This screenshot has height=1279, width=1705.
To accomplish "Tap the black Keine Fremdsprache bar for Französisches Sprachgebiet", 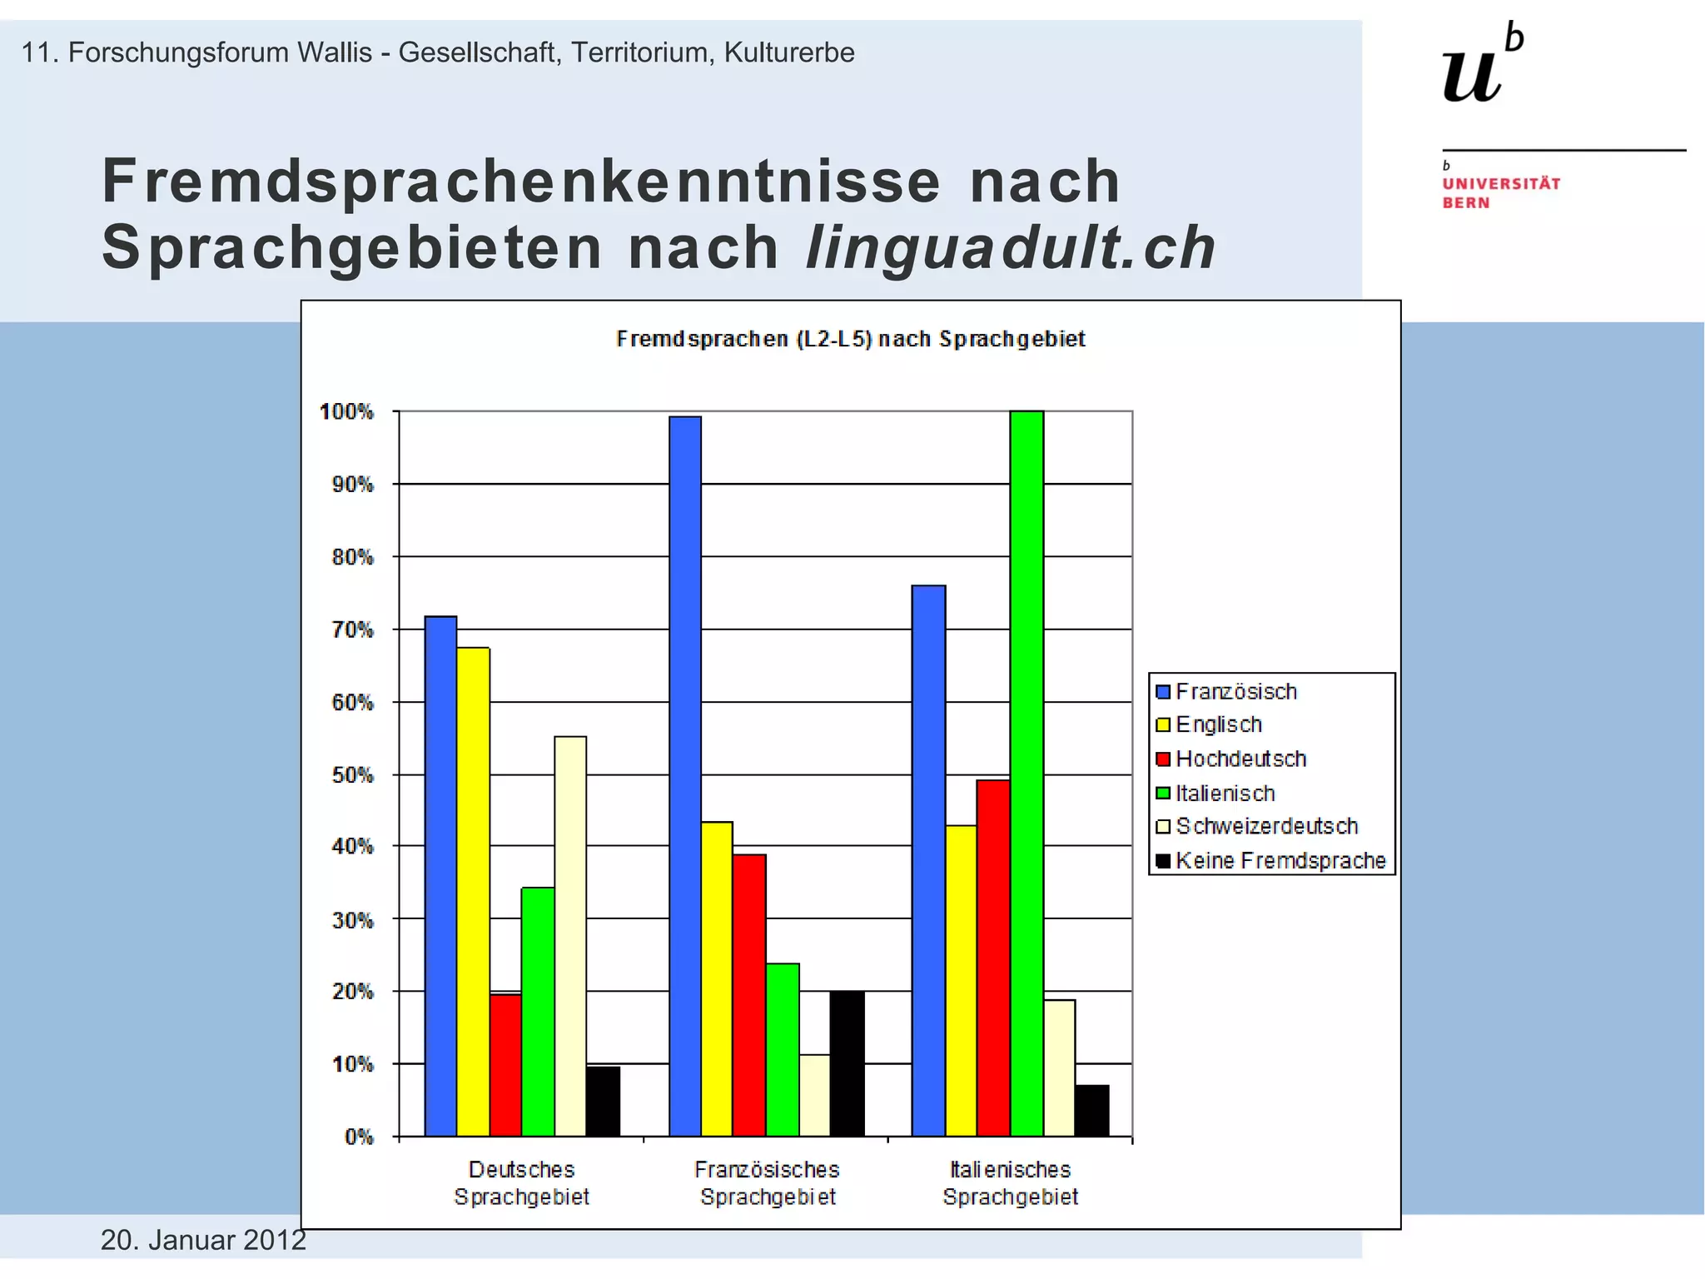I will coord(848,1063).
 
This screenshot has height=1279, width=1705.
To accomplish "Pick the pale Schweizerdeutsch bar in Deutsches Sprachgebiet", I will coord(570,936).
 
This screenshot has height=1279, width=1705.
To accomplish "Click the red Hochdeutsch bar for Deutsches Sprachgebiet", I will coord(505,1065).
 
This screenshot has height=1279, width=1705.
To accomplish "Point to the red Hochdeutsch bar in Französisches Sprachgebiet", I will coord(749,995).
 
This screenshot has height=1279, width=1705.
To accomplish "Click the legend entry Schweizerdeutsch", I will coord(1265,826).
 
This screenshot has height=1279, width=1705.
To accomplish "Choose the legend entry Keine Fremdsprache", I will coord(1280,860).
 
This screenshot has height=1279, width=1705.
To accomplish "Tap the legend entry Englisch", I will coord(1218,724).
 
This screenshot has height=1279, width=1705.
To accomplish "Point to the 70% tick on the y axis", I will coord(353,630).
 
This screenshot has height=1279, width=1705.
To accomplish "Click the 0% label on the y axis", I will coord(359,1137).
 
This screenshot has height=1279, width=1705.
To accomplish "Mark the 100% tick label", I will coord(347,411).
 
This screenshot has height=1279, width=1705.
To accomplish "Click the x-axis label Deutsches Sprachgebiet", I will coord(521,1182).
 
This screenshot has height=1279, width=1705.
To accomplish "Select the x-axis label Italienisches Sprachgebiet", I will coord(1010,1182).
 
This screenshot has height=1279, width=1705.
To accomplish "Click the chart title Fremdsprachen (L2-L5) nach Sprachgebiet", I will coord(850,339).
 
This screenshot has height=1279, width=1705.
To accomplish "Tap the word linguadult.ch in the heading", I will coord(1010,248).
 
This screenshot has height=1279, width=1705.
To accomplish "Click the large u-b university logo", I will coord(1483,64).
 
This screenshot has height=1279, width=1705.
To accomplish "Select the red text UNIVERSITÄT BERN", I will coord(1500,192).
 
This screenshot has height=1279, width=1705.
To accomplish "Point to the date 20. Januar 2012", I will coord(203,1240).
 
